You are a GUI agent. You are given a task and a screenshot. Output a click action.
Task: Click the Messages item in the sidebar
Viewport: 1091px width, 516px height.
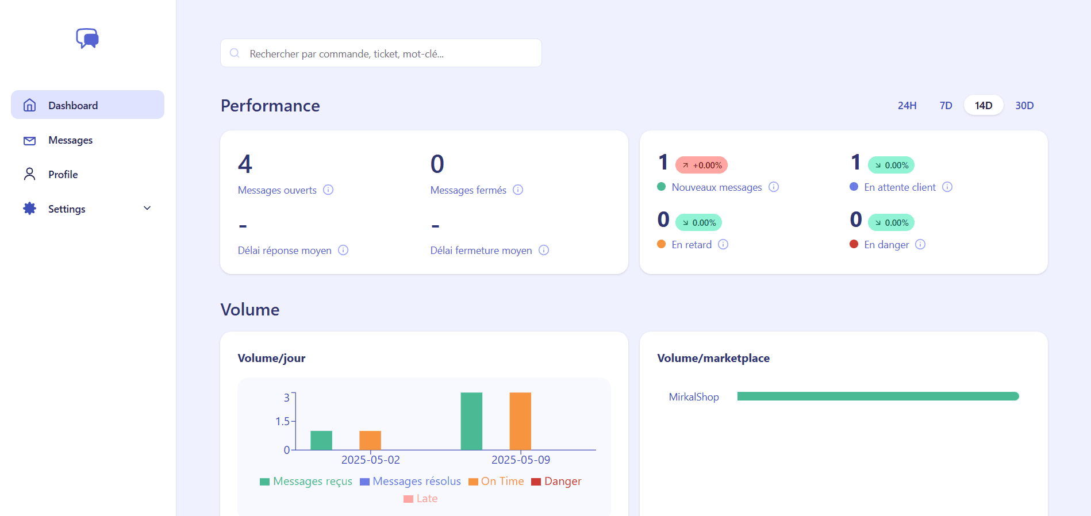click(x=70, y=140)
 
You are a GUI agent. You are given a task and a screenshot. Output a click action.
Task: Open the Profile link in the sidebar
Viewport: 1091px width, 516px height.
click(x=63, y=175)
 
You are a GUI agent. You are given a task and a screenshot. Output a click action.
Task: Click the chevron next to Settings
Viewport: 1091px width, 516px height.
click(x=147, y=209)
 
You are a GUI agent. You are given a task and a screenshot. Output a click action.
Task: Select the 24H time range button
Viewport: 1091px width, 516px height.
click(x=906, y=106)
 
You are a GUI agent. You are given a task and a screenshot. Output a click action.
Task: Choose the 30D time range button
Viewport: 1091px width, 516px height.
click(x=1024, y=106)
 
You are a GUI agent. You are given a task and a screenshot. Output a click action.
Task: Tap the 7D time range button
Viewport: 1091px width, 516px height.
click(x=946, y=106)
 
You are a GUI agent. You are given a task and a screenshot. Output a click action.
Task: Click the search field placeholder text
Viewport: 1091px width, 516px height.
click(x=346, y=54)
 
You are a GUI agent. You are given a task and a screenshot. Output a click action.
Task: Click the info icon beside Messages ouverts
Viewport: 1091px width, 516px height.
click(x=328, y=190)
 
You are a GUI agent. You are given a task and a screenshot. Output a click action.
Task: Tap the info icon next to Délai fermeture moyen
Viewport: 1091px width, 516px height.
click(x=544, y=251)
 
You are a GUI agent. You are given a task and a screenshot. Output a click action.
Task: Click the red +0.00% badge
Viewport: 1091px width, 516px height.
click(x=701, y=165)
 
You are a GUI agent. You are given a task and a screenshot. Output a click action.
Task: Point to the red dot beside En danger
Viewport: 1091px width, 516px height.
click(x=854, y=244)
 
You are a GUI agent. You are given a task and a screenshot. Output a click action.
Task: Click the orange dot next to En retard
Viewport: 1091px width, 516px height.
click(x=661, y=244)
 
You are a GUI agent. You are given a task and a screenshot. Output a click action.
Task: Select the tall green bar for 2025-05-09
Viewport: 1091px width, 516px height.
click(x=471, y=421)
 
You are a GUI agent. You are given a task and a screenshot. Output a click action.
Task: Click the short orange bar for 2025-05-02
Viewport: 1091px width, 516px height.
click(x=370, y=440)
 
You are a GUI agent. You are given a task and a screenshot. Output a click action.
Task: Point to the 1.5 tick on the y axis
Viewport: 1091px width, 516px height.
click(x=282, y=421)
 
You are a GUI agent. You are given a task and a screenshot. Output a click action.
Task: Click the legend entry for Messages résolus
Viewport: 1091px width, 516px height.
click(x=410, y=482)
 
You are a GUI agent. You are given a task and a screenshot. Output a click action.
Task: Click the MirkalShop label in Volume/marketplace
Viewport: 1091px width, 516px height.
click(x=694, y=397)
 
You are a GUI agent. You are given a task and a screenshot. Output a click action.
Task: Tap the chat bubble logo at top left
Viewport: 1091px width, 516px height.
click(x=87, y=38)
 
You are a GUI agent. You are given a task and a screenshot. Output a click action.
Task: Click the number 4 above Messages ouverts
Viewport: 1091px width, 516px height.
click(x=245, y=164)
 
